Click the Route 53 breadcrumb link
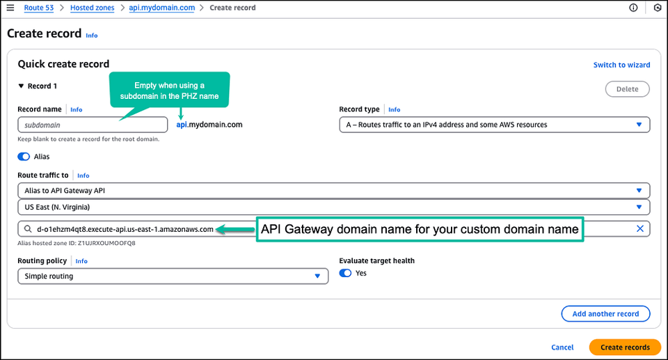[39, 8]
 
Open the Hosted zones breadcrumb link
[92, 8]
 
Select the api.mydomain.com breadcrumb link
[162, 8]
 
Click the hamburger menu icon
[10, 8]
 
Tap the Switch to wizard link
[621, 65]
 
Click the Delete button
[627, 89]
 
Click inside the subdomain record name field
[93, 125]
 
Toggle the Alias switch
[24, 157]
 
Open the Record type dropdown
[495, 125]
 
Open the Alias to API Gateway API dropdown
[333, 191]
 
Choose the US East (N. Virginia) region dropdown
[333, 208]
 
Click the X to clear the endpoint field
[640, 228]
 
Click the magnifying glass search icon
[28, 229]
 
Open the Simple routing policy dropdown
[173, 276]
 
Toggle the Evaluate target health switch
[346, 273]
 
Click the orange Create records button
[625, 347]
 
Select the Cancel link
[562, 347]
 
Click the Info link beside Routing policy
[81, 261]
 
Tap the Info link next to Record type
[394, 109]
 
